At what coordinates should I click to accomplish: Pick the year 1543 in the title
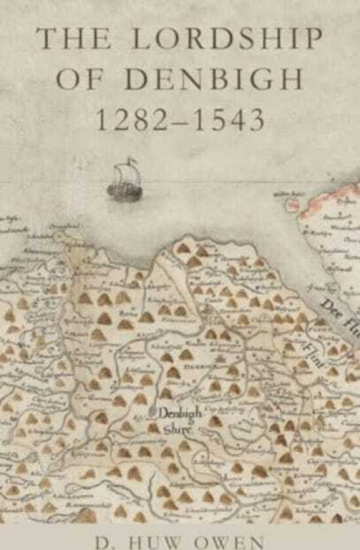pyautogui.click(x=230, y=120)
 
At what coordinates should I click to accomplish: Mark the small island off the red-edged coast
pyautogui.click(x=291, y=204)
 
